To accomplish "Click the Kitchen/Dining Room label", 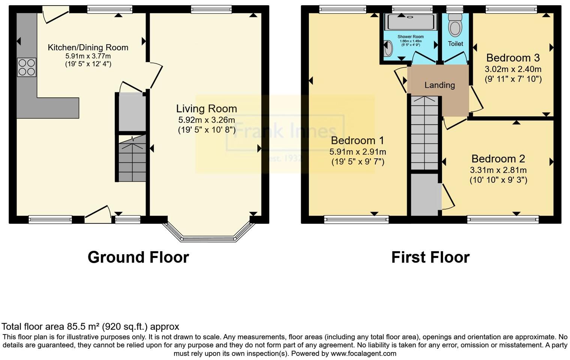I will (x=88, y=48).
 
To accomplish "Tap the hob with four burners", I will (x=27, y=67).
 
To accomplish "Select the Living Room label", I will (x=206, y=109).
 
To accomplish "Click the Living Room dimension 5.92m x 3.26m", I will (x=206, y=120).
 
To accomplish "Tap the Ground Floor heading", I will (x=138, y=257).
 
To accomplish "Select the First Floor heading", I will (x=430, y=257).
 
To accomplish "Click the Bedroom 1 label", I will (x=357, y=141).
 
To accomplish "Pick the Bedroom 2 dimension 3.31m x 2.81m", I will (x=498, y=170).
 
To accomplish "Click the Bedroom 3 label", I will (x=513, y=58).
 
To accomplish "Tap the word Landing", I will (x=439, y=85).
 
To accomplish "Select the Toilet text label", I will (x=455, y=44).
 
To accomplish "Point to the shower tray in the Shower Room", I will (x=410, y=22).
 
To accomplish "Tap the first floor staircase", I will (x=424, y=133).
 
